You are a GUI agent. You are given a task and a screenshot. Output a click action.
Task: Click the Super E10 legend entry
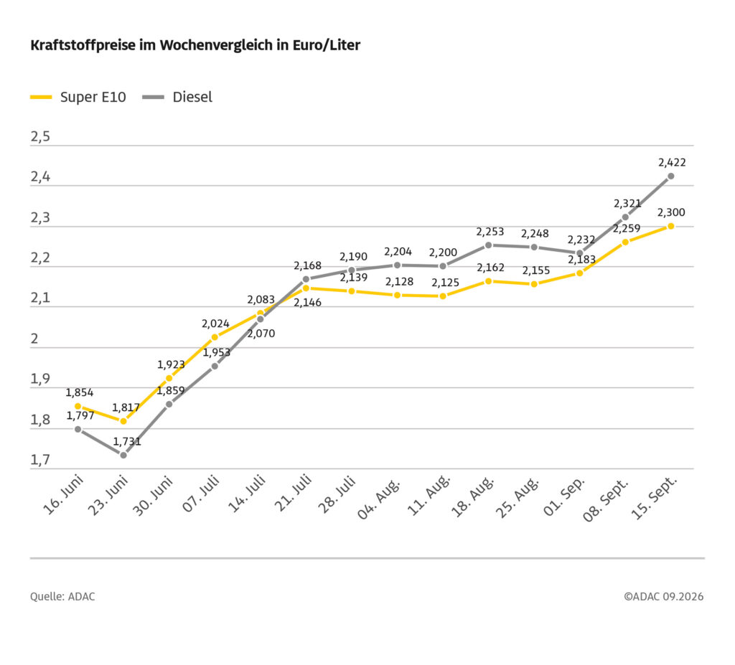tap(78, 97)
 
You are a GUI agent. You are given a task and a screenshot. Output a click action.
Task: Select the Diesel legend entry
tap(177, 97)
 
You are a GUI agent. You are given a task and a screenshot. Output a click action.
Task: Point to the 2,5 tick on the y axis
tap(40, 137)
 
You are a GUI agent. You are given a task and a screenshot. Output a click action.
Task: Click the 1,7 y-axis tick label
tap(40, 461)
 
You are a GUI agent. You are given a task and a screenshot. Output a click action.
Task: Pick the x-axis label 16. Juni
tap(64, 494)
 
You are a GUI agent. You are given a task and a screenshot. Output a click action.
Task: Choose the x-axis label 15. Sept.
tap(655, 497)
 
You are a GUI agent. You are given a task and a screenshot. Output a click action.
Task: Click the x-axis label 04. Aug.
tap(380, 498)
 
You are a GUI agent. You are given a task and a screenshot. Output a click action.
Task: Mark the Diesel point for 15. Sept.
tap(671, 176)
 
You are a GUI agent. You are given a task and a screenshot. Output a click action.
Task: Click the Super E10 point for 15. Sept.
tap(671, 226)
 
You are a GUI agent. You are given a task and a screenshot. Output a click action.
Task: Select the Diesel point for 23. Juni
tap(123, 455)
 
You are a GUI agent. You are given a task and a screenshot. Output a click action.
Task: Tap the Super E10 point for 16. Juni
tap(78, 406)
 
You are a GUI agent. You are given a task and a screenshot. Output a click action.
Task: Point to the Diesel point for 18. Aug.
tap(488, 245)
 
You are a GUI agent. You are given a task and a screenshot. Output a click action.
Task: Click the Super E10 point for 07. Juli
tap(215, 337)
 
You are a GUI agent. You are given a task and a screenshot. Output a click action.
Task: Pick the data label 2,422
tap(672, 163)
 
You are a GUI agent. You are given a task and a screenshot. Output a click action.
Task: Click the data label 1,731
tap(127, 441)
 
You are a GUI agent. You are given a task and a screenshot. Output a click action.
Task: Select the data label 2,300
tap(671, 213)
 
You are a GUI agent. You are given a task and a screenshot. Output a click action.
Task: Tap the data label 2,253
tap(490, 232)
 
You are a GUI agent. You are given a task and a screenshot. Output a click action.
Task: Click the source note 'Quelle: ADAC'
tap(62, 597)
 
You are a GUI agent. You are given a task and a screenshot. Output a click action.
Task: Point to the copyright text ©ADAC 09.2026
tap(663, 597)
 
